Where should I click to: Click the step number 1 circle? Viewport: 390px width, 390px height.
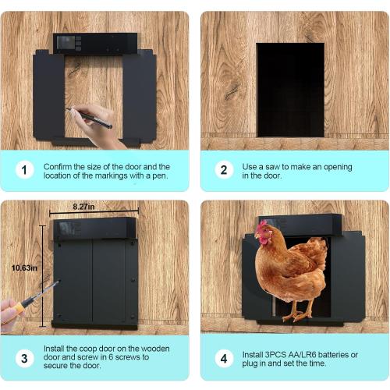[26, 170]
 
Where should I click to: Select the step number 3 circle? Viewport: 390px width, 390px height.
[26, 359]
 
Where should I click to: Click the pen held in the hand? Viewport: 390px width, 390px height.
[90, 118]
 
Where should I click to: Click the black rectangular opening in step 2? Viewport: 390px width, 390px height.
[290, 89]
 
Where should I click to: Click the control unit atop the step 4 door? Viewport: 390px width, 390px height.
[312, 225]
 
